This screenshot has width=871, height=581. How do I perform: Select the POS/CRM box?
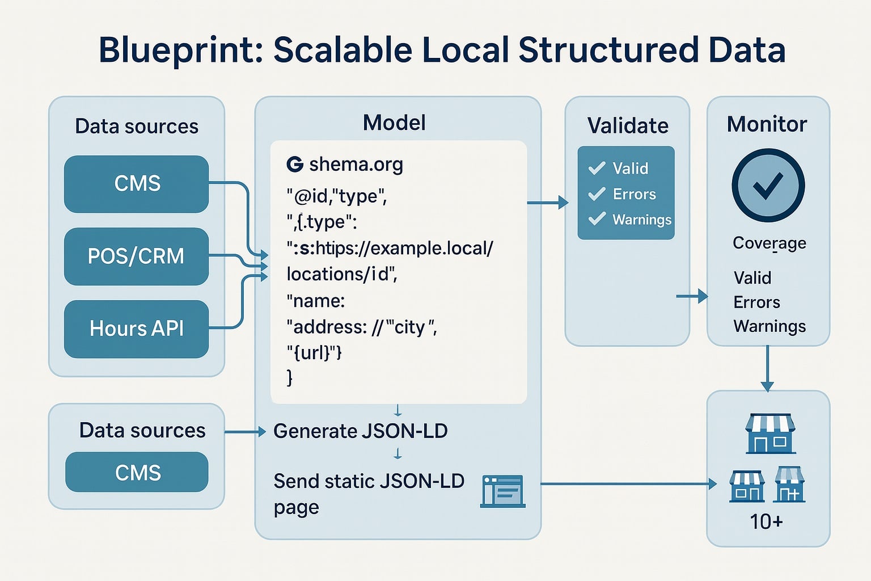pos(136,256)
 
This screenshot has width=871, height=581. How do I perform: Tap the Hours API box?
pos(136,329)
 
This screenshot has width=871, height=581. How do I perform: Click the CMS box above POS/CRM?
pos(136,184)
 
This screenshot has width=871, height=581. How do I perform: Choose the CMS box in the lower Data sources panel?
pos(137,473)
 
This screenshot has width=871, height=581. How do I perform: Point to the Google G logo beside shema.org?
pos(295,165)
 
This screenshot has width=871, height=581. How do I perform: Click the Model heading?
pos(394,123)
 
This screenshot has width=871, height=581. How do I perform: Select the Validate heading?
pos(628,125)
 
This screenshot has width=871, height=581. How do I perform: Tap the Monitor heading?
pos(767,124)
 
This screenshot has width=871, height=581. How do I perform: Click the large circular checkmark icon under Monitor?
pos(768,186)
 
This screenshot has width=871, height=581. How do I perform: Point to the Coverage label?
pos(769,243)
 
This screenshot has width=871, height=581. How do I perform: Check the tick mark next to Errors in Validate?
pos(597,195)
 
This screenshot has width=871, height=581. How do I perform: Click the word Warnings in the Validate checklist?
pos(642,220)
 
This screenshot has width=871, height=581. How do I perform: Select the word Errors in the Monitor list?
pos(756,302)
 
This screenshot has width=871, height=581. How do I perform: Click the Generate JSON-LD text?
pos(360,431)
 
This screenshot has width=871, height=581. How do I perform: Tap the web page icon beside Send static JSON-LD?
pos(502,491)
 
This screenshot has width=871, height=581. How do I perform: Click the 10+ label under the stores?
pos(766,521)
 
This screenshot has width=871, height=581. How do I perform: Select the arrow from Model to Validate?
pos(548,202)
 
